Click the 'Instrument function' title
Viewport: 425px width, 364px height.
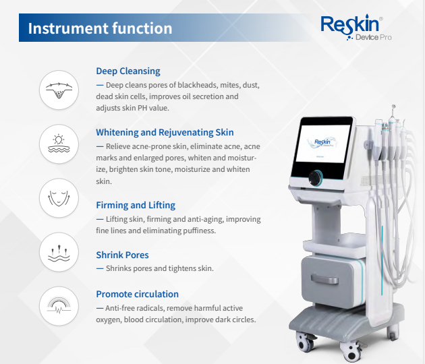tap(100, 28)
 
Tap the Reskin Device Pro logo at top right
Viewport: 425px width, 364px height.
tap(355, 28)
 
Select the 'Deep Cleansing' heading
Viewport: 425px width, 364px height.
tap(128, 71)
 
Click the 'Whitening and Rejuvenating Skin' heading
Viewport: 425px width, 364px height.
tap(165, 132)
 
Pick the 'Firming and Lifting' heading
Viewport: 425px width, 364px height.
tap(136, 205)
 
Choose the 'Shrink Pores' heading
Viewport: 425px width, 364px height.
tap(122, 255)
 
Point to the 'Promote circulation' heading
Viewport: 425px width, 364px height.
tap(137, 294)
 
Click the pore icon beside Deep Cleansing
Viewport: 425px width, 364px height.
tap(59, 90)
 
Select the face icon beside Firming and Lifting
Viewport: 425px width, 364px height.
tap(59, 198)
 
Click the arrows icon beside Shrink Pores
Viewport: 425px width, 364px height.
tap(59, 253)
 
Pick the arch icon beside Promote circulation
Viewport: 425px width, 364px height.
tap(59, 307)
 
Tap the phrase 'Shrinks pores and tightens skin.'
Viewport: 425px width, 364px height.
tap(159, 268)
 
